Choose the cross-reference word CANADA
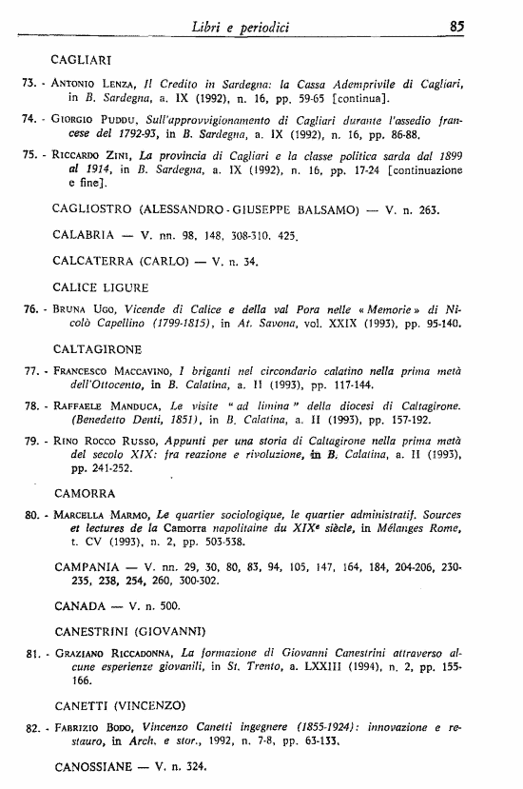[81, 605]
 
